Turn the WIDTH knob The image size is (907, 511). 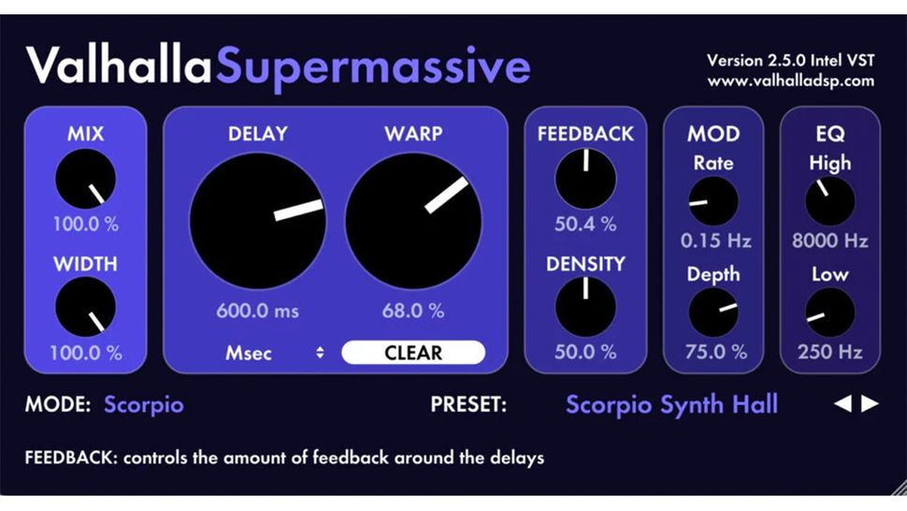(x=85, y=307)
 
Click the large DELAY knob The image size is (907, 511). (x=257, y=222)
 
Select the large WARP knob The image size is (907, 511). (x=413, y=222)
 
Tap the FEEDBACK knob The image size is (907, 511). (x=585, y=179)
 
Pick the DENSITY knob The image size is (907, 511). (x=585, y=307)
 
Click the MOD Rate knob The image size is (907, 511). (x=713, y=200)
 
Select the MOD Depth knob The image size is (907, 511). (x=713, y=312)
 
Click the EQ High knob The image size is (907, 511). (x=829, y=200)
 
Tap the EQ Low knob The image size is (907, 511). (x=829, y=312)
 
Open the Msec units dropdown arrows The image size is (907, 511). (x=320, y=353)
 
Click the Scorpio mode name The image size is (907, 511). (x=144, y=405)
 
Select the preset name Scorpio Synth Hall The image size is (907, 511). (x=671, y=405)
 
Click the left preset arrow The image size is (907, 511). (x=842, y=404)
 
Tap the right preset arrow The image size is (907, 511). (x=871, y=404)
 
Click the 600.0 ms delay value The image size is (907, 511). (x=257, y=311)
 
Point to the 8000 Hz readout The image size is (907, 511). (x=829, y=241)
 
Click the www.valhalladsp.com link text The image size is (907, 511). (x=790, y=81)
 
